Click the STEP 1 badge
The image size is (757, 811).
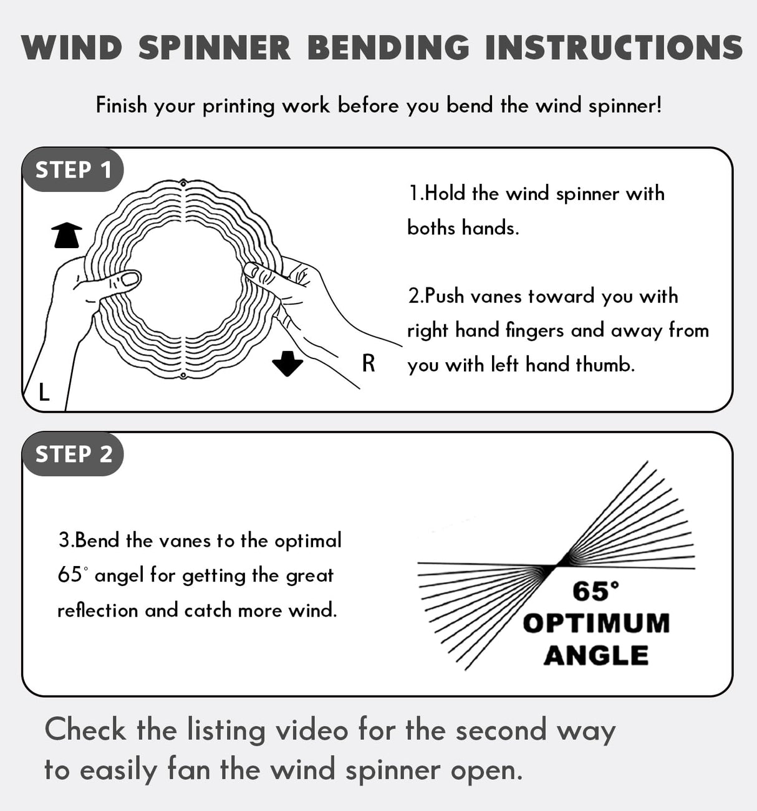tap(73, 170)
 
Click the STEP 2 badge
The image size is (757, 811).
tap(74, 454)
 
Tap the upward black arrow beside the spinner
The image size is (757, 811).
tap(67, 235)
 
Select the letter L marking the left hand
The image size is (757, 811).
tap(44, 393)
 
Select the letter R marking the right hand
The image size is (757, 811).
tap(369, 363)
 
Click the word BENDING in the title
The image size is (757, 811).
tap(388, 48)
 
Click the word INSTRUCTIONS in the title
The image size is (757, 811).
tap(614, 48)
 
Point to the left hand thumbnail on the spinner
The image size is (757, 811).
tap(130, 278)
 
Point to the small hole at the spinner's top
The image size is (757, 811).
tap(183, 183)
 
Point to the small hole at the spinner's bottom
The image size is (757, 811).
tap(183, 376)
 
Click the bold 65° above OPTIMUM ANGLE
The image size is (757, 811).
tap(595, 591)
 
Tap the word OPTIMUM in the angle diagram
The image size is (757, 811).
tap(596, 623)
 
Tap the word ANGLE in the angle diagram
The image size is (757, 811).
tap(596, 655)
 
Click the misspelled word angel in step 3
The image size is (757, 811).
tap(120, 575)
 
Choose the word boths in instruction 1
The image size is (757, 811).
tap(431, 228)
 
